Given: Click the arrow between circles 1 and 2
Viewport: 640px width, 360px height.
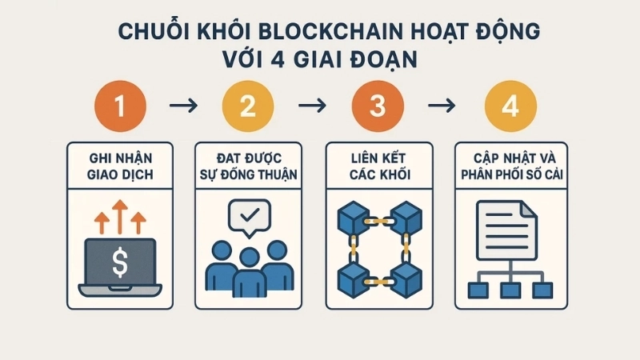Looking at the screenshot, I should tap(185, 106).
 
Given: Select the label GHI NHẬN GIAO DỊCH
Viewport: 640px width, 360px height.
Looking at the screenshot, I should tap(121, 165).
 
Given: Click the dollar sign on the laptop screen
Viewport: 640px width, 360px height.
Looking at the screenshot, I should tap(120, 261).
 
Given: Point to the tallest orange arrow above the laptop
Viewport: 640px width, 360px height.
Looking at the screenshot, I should tap(120, 215).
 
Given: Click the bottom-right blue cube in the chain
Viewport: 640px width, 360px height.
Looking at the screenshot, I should tap(406, 276).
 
